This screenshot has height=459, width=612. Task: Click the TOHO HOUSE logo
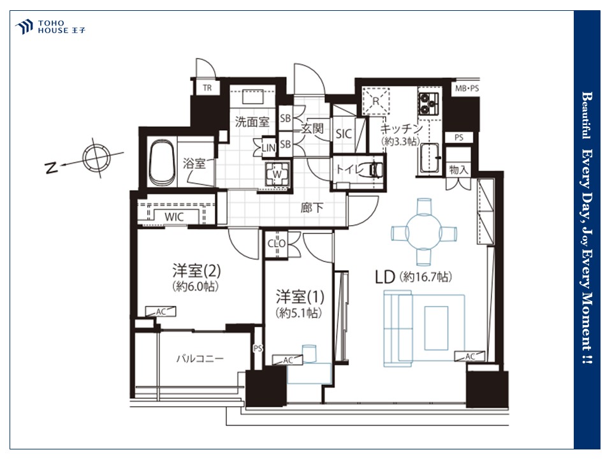pos(50,27)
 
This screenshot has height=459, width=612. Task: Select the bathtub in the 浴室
pos(163,163)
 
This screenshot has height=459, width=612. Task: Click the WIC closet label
pos(174,217)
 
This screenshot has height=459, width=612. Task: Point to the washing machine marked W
pos(277,173)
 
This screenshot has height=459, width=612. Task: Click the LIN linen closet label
pos(268,148)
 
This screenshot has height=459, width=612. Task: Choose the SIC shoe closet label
pos(344,134)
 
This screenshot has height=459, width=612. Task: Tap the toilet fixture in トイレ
pos(375,169)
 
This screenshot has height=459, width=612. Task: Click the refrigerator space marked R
pos(376,101)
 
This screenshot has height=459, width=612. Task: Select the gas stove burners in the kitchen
pos(428,103)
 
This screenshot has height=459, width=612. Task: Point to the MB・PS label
pos(467,89)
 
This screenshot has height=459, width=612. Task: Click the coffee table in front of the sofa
pos(436,328)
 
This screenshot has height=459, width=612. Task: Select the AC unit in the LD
pos(470,356)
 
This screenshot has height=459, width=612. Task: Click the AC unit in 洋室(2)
pos(161,312)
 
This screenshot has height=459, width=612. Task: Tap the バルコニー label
pos(200,358)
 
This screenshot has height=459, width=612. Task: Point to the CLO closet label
pos(276,244)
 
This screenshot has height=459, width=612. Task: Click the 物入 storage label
pos(458,170)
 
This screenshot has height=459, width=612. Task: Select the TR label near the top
pos(207,88)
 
